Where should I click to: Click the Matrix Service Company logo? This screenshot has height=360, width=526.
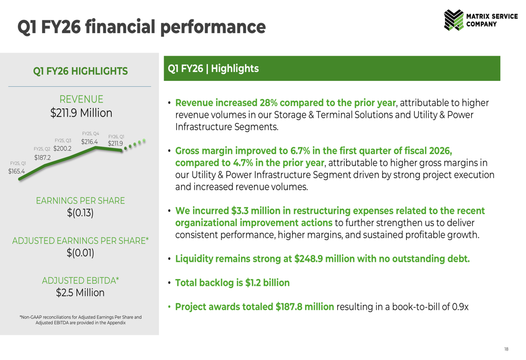pos(481,20)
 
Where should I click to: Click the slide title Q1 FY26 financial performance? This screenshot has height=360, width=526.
pos(141,26)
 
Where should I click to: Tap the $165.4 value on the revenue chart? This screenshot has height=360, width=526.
pos(16,171)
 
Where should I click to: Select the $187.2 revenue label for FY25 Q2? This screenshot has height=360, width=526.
pos(43,158)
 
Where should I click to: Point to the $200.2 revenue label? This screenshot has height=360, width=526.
pos(62,149)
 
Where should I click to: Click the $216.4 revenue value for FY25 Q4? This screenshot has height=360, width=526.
pos(89,142)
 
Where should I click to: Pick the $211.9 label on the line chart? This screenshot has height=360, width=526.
pos(115,143)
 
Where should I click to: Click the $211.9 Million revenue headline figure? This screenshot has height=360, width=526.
pos(81,113)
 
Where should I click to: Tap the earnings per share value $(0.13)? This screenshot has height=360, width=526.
pos(80,213)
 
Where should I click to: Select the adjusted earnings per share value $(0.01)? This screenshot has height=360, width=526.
pos(80,253)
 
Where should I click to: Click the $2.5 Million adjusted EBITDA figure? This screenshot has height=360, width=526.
pos(80,293)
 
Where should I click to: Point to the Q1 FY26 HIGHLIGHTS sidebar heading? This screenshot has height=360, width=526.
pos(80,71)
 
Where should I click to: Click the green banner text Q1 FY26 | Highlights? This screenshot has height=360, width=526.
pos(213,69)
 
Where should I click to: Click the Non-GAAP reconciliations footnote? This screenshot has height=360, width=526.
pos(80,320)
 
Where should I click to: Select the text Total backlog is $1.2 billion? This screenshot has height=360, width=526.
pos(232,283)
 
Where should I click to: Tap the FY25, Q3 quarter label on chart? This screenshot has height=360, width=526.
pos(63,140)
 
